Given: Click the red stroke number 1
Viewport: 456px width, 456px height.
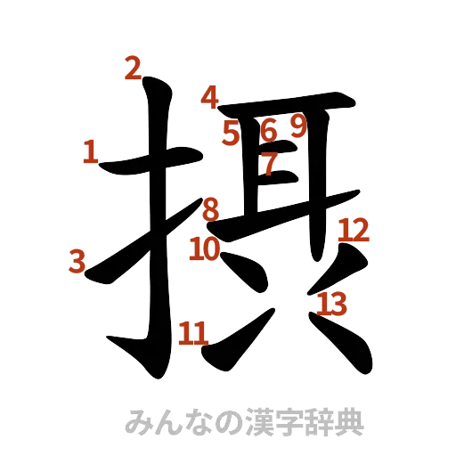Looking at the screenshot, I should click(89, 151).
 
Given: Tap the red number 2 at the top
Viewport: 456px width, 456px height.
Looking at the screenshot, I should click(133, 69).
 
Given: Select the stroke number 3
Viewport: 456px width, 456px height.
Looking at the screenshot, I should click(77, 262).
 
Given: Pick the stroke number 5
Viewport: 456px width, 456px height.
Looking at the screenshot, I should click(232, 133).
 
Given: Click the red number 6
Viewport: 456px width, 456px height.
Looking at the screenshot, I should click(268, 131).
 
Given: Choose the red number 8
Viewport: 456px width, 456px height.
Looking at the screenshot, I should click(210, 210).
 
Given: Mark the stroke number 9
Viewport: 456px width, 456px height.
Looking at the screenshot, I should click(297, 127).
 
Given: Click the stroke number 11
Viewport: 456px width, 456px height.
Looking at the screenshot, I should click(192, 334).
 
